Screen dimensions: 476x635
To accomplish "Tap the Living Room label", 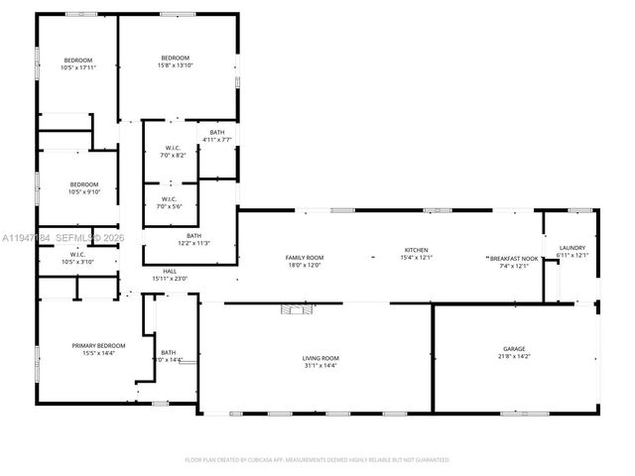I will [x=320, y=358].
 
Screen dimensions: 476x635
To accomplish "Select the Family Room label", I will [x=305, y=257].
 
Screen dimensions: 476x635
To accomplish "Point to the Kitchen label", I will [x=416, y=250].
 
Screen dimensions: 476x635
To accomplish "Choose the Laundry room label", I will [x=572, y=248].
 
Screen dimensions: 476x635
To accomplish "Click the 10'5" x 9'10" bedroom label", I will [x=84, y=184].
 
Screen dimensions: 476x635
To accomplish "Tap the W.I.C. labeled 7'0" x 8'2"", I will [x=174, y=150].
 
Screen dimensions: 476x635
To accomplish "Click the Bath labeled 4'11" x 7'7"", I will [x=216, y=132].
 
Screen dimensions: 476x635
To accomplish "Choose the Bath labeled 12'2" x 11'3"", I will [x=192, y=236].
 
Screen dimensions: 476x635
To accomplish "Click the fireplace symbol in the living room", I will [x=295, y=309].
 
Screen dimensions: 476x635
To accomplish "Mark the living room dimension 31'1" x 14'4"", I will [x=320, y=365].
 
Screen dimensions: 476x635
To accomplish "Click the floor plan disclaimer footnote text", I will [x=317, y=460].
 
